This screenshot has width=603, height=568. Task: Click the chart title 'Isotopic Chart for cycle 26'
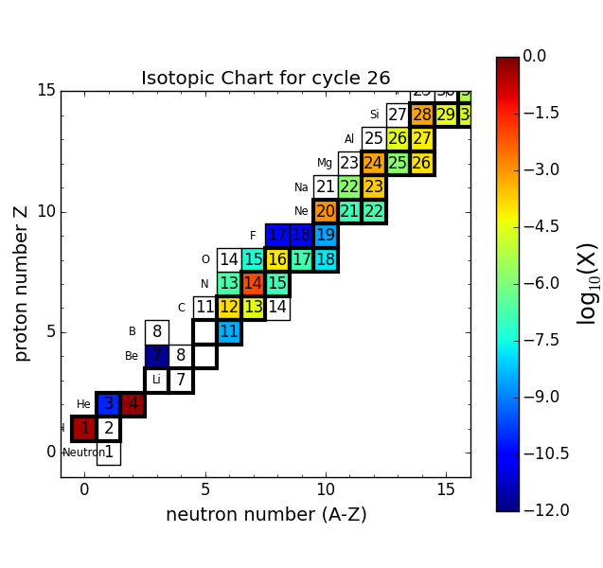[x=265, y=79]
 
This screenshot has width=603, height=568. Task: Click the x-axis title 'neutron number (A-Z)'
[x=266, y=515]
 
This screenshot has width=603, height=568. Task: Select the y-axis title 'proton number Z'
[x=22, y=283]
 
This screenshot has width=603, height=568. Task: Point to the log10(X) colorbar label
[x=588, y=283]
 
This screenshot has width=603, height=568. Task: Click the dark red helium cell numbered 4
[x=133, y=404]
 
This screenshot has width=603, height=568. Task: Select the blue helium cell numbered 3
[x=109, y=404]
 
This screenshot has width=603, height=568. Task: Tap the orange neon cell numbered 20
[x=326, y=211]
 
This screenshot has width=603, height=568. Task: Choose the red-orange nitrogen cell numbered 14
[x=253, y=283]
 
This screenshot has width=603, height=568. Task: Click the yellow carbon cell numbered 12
[x=229, y=308]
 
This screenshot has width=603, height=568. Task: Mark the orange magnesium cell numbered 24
[x=374, y=163]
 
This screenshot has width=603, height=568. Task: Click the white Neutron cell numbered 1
[x=109, y=453]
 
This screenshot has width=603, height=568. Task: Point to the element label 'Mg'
[x=325, y=163]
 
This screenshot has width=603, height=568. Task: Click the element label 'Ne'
[x=301, y=211]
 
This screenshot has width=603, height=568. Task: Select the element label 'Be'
[x=132, y=356]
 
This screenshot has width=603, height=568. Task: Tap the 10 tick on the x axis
[x=326, y=489]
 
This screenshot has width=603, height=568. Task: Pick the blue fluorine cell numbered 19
[x=326, y=235]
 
